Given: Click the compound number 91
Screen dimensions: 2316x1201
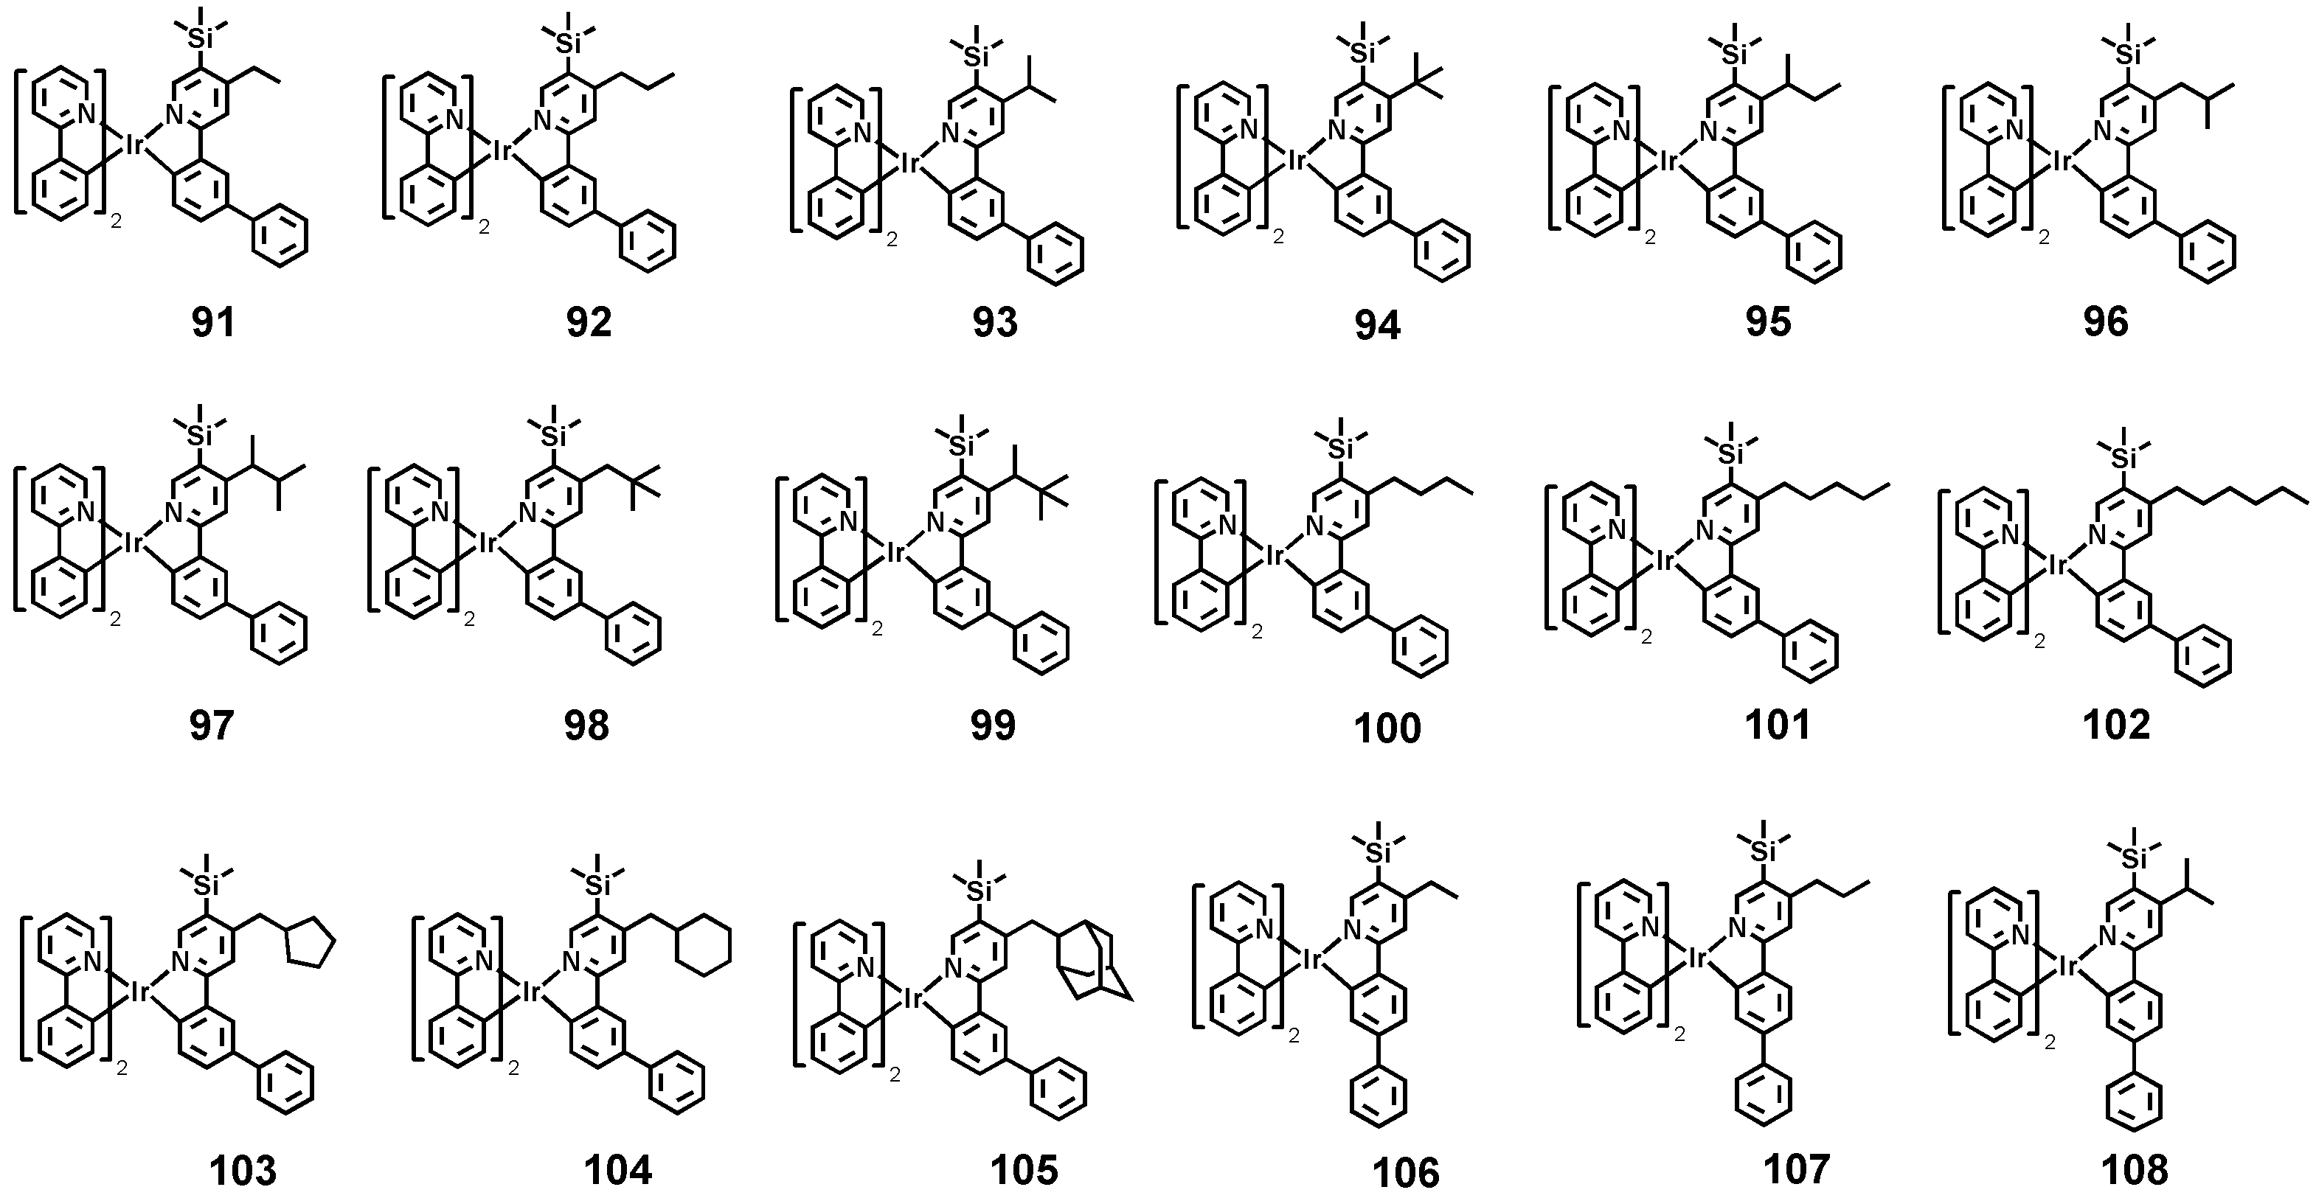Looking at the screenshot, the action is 213,322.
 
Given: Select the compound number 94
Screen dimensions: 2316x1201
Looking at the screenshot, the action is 1377,325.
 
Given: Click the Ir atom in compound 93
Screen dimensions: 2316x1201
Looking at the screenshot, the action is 910,163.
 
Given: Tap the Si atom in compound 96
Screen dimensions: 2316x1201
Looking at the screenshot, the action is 2126,54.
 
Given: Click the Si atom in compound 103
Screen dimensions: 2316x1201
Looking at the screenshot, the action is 206,885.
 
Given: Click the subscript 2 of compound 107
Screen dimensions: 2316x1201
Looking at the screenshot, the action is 1679,1034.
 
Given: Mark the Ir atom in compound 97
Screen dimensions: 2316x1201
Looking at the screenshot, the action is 133,542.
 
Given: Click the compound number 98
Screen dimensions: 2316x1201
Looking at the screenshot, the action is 586,725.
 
